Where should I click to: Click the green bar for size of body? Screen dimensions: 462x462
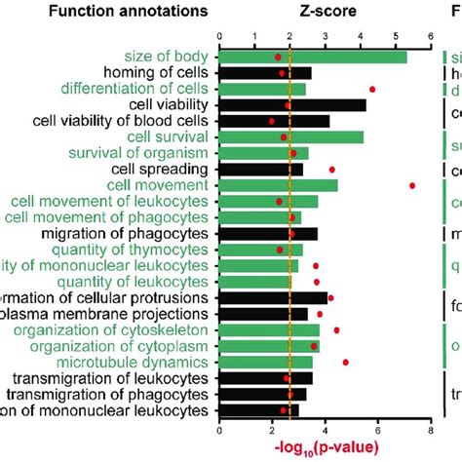[x=312, y=57]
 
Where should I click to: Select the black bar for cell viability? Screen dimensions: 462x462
[x=292, y=104]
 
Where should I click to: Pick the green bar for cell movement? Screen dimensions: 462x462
[x=278, y=185]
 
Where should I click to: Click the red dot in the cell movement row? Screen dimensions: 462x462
[x=412, y=185]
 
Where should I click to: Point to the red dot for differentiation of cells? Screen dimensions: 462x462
[x=372, y=89]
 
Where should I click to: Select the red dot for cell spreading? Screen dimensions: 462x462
[x=331, y=170]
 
